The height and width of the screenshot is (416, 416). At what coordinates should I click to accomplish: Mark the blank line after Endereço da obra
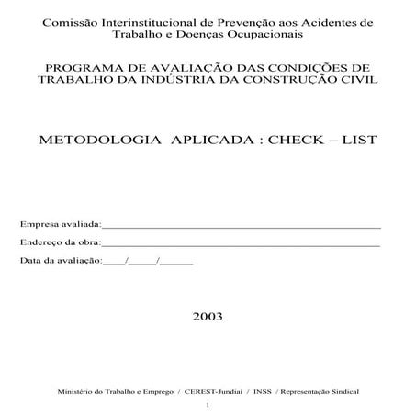(241, 245)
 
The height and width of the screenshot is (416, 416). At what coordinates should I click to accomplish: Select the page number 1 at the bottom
(208, 405)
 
